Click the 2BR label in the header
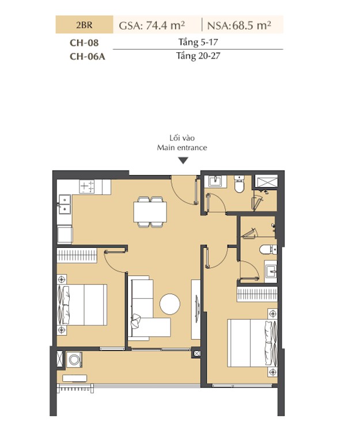(x=84, y=25)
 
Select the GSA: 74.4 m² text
(x=152, y=25)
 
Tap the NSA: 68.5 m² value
(x=239, y=25)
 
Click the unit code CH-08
(x=84, y=43)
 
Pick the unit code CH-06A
(x=88, y=56)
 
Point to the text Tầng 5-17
(x=198, y=42)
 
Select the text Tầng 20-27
(x=198, y=56)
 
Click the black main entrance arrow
(x=183, y=161)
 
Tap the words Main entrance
(x=182, y=147)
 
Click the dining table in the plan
(x=150, y=212)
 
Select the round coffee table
(x=170, y=304)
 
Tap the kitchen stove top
(x=87, y=186)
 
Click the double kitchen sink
(x=64, y=204)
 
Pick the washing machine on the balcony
(x=74, y=360)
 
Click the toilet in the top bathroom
(x=239, y=183)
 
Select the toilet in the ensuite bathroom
(x=268, y=249)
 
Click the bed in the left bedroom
(x=82, y=305)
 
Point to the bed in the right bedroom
(x=252, y=343)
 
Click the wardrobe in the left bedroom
(x=77, y=255)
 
